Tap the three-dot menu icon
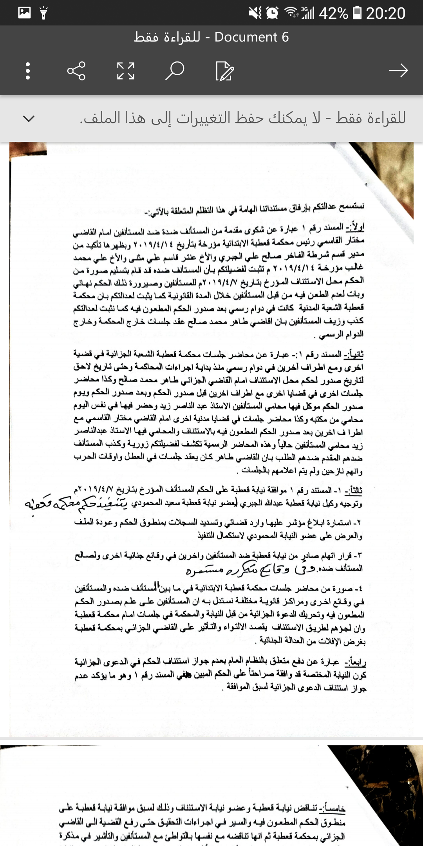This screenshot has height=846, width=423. coord(28,71)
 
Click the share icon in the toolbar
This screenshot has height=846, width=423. coord(76,71)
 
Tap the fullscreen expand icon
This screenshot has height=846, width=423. coord(126,71)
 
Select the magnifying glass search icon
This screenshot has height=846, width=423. coord(175,71)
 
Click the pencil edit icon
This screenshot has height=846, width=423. coord(224,71)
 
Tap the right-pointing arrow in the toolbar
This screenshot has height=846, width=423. coord(398,70)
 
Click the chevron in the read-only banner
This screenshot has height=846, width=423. coord(29,118)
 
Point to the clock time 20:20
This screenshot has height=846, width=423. coord(385,13)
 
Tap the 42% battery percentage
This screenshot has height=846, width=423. coord(333,13)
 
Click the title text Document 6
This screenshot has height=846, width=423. coord(251,37)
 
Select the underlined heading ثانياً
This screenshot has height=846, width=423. coord(354,354)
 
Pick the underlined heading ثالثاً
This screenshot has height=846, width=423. coord(353,490)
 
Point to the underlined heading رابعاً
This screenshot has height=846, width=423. coord(355,662)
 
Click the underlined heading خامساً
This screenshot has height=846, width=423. coord(333,808)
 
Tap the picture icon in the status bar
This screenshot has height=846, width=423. coord(24,13)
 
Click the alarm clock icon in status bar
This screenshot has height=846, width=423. coord(272,13)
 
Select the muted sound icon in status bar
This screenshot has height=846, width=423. coord(255,13)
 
